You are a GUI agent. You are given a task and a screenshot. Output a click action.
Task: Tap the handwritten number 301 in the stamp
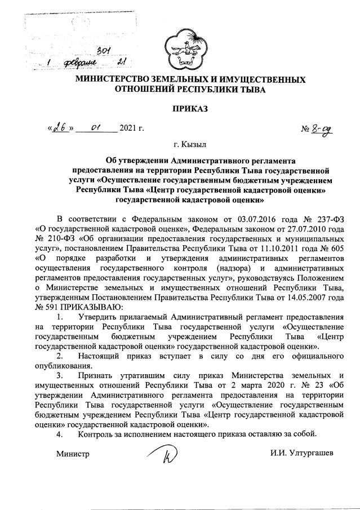click(103, 51)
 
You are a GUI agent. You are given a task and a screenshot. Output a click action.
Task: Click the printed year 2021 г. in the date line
click(132, 128)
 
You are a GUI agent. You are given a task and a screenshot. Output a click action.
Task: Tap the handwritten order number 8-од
click(322, 129)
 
